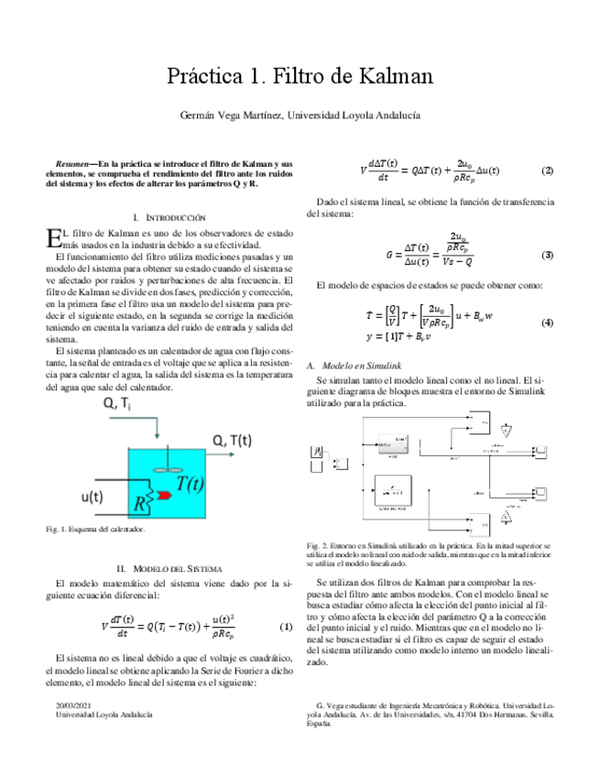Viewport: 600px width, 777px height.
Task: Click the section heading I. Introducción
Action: (x=169, y=217)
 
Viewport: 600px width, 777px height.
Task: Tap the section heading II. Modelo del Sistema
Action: (x=169, y=568)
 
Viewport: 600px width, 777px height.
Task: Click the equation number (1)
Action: (x=285, y=626)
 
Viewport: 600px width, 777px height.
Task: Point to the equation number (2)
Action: (x=547, y=171)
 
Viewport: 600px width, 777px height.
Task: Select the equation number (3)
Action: (x=547, y=254)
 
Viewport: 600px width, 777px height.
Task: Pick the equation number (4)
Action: (x=547, y=323)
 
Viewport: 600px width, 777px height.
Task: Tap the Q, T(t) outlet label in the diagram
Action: (x=233, y=441)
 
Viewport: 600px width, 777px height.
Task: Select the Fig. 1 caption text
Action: (x=94, y=530)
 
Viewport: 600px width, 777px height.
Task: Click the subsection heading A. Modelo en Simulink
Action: (x=355, y=365)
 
